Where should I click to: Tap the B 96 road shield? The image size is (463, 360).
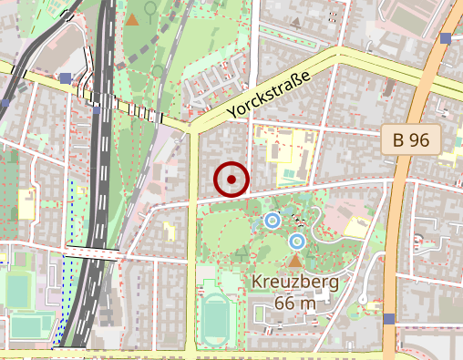coord(411,140)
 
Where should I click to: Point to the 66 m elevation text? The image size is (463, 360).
coord(293,302)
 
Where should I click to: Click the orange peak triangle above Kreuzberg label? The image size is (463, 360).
coord(293,261)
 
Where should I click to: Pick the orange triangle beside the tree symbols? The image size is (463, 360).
coord(133,19)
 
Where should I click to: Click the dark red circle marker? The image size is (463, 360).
coord(231,180)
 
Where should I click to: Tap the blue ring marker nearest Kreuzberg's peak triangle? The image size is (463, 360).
coord(296,242)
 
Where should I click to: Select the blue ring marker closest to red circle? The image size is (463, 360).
coord(272,220)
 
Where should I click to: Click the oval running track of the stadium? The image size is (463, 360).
coord(216,319)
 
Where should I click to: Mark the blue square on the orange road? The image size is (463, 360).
coord(390,318)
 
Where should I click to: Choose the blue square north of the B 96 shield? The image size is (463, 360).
coord(446,38)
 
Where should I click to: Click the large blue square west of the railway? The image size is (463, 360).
coord(66,79)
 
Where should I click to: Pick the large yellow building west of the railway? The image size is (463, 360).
coord(26,202)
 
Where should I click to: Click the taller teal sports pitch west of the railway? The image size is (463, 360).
coord(18,291)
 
